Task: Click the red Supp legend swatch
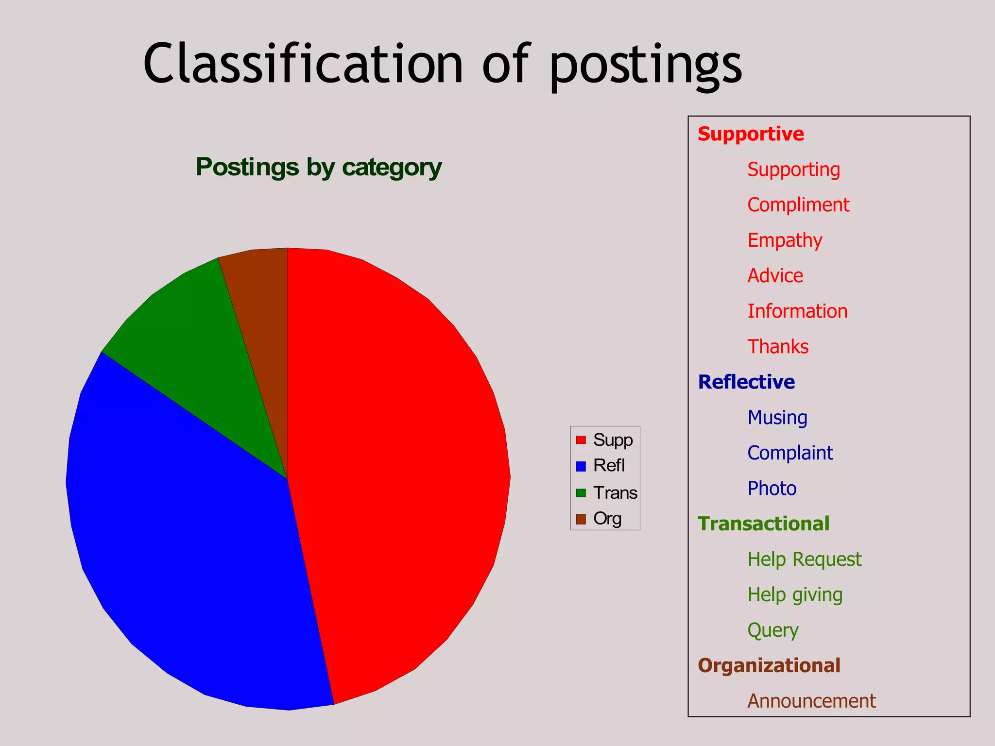pyautogui.click(x=581, y=440)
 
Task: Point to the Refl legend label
pyautogui.click(x=609, y=466)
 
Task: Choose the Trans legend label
pyautogui.click(x=615, y=493)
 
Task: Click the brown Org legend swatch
pyautogui.click(x=581, y=519)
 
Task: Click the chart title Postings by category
pyautogui.click(x=319, y=168)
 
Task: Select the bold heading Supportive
pyautogui.click(x=751, y=134)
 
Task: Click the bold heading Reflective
pyautogui.click(x=746, y=382)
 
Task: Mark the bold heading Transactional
pyautogui.click(x=764, y=524)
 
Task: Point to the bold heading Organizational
pyautogui.click(x=769, y=666)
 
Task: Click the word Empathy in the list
pyautogui.click(x=785, y=240)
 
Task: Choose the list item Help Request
pyautogui.click(x=805, y=559)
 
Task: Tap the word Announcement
pyautogui.click(x=811, y=701)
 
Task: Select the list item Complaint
pyautogui.click(x=790, y=453)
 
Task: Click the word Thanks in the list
pyautogui.click(x=778, y=347)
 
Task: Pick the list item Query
pyautogui.click(x=773, y=630)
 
